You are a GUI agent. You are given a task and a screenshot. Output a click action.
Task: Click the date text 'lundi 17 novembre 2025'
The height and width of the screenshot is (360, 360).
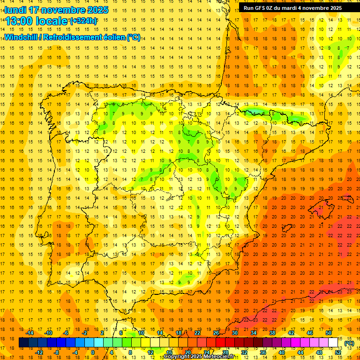click(x=56, y=10)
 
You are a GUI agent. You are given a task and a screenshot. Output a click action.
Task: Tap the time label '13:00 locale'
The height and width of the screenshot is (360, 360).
click(x=37, y=21)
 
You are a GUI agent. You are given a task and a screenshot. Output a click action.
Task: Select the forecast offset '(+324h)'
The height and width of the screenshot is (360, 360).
click(x=83, y=21)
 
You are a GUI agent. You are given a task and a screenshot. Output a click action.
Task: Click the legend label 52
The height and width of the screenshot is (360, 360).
click(x=338, y=352)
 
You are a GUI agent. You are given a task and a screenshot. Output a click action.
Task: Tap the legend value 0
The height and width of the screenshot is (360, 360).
click(x=92, y=352)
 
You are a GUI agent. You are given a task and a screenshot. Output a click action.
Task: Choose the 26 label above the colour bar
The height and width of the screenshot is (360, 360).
click(x=216, y=333)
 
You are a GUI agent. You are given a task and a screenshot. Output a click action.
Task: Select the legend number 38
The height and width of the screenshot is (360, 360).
click(x=272, y=333)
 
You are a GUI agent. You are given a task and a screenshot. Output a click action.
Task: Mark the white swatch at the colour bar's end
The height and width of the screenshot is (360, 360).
click(x=333, y=343)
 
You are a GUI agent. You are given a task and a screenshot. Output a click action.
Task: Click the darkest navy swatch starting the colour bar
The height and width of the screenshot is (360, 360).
click(x=23, y=343)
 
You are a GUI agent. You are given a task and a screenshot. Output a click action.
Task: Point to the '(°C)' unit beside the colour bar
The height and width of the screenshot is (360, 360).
click(x=350, y=343)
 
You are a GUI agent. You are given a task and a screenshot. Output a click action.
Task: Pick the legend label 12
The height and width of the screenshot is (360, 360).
click(x=150, y=352)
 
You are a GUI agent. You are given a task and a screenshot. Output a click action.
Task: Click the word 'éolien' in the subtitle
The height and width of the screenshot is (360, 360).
click(x=114, y=37)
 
